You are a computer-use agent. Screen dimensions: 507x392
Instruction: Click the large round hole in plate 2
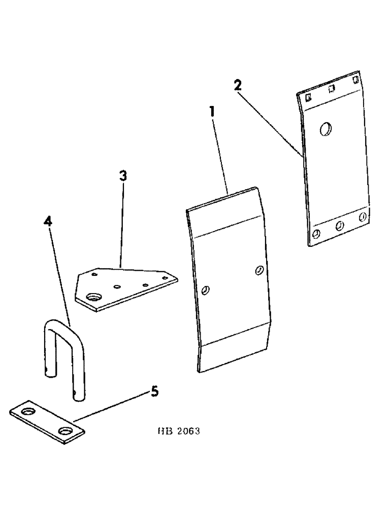325,129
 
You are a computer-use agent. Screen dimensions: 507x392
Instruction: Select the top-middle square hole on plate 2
331,88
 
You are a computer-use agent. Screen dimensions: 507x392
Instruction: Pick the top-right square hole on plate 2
355,81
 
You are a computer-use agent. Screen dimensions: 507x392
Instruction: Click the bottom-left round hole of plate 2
317,234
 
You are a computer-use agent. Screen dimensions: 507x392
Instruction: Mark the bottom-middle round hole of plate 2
339,226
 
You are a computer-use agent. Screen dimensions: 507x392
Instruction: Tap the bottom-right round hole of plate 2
362,217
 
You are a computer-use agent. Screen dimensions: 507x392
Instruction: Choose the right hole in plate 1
259,271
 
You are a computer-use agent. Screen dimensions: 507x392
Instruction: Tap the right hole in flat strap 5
65,431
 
